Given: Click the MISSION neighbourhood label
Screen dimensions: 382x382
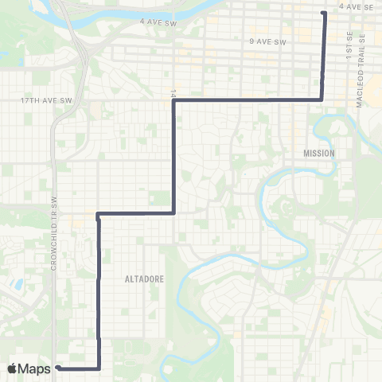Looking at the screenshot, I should (319, 153).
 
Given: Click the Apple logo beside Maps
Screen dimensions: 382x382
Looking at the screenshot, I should (13, 368).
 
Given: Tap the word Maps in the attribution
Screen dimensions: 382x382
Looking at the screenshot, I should (34, 368).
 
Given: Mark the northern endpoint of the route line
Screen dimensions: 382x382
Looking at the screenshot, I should (323, 13).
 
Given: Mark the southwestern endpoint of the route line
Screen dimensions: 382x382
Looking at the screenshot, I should (59, 368).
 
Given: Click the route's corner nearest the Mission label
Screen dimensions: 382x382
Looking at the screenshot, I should (322, 99).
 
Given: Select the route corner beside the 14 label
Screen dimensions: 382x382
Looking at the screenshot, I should (173, 100).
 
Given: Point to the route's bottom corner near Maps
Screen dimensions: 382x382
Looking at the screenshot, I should (99, 368).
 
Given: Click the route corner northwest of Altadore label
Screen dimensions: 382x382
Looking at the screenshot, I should (98, 214).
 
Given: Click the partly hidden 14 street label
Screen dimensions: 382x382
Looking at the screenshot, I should (172, 92).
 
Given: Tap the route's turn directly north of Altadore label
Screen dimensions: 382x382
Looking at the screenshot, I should (173, 213).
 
